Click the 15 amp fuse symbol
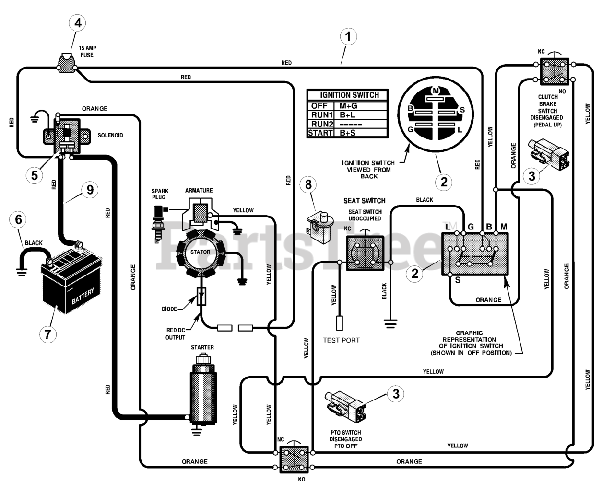point(67,63)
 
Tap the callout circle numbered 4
point(78,23)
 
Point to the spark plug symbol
point(159,224)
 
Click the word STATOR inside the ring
point(201,252)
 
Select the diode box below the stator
point(201,297)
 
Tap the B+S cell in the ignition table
point(347,133)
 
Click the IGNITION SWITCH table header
point(349,95)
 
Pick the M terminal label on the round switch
point(436,91)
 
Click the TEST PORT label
point(341,340)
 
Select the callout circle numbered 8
point(308,184)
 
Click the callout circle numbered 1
point(348,36)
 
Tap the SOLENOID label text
point(110,135)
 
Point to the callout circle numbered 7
point(48,334)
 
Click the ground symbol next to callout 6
point(22,273)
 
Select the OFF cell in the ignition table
point(319,106)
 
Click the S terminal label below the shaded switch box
point(458,280)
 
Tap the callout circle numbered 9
point(90,190)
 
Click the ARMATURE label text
point(199,190)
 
